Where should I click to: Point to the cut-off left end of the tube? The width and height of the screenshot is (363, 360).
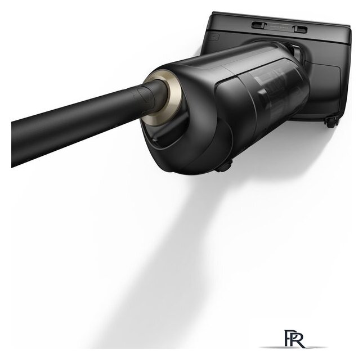(x=12, y=145)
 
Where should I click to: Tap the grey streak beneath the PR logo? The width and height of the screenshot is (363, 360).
(x=293, y=347)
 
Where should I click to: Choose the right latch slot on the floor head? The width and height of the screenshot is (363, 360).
(x=301, y=29)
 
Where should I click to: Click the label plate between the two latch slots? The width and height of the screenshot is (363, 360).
(x=280, y=27)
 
